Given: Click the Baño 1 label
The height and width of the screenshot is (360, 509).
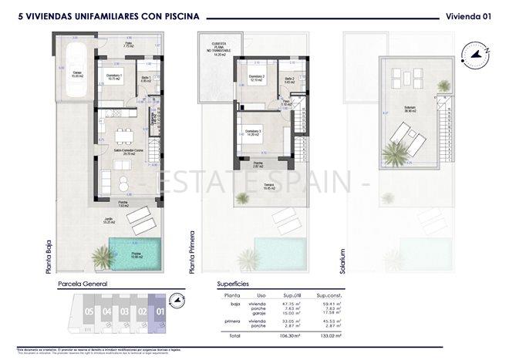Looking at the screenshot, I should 146,79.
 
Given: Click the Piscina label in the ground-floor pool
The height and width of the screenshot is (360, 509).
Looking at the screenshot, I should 136,254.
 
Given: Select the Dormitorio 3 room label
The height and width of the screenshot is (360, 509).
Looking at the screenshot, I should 254,133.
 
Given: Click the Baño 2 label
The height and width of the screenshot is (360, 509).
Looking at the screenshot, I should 289,79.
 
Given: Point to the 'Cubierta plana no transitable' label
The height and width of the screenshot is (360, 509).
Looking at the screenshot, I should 219,48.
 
